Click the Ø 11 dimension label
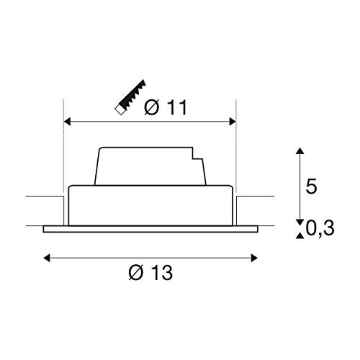(166, 108)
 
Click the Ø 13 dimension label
(150, 272)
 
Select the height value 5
(311, 186)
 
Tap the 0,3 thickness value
(320, 228)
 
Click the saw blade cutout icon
(130, 97)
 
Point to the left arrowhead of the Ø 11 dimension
(67, 122)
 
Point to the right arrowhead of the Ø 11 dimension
(233, 122)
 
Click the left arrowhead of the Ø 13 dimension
(47, 258)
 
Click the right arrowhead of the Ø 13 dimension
(254, 258)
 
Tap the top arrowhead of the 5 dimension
(300, 151)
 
